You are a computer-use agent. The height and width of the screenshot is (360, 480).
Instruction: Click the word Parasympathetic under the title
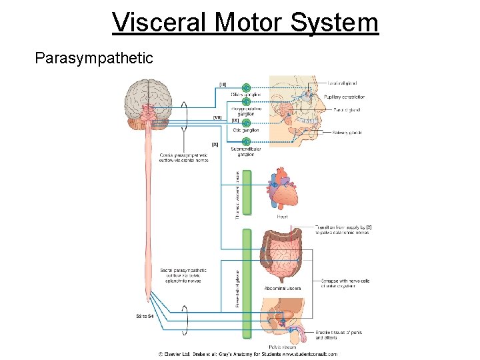(x=94, y=59)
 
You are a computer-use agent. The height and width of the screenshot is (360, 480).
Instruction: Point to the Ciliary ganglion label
(x=245, y=95)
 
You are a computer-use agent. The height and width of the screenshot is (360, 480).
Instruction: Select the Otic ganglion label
(x=246, y=131)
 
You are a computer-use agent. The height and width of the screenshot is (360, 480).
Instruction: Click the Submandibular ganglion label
(x=246, y=151)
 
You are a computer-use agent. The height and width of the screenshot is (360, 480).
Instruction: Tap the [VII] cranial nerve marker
(x=217, y=117)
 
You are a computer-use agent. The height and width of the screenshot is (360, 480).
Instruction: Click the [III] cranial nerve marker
(x=223, y=84)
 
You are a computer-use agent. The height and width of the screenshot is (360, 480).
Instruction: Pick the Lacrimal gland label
(x=344, y=84)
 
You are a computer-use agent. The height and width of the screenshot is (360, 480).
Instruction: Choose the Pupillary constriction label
(x=345, y=97)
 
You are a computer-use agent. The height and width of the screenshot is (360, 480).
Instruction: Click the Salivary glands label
(x=347, y=133)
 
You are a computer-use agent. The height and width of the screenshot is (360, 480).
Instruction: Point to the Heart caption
(x=283, y=216)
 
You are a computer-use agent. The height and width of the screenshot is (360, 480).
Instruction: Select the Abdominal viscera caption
(x=283, y=289)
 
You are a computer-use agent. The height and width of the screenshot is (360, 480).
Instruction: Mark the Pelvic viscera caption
(x=282, y=347)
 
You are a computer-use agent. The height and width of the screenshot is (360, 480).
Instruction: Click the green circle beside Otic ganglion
(x=247, y=123)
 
